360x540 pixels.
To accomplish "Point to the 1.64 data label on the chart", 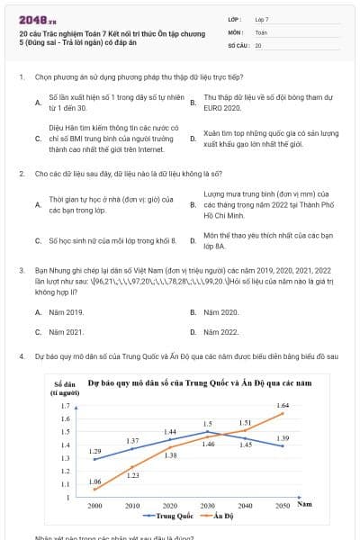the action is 283,406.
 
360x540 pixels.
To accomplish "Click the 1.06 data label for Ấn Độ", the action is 95,481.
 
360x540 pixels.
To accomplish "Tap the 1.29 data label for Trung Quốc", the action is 95,450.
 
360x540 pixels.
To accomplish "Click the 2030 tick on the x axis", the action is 208,506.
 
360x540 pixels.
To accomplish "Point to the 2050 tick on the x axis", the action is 283,506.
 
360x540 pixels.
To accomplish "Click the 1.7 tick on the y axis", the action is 64,406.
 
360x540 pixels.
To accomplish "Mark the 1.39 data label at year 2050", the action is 283,437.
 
